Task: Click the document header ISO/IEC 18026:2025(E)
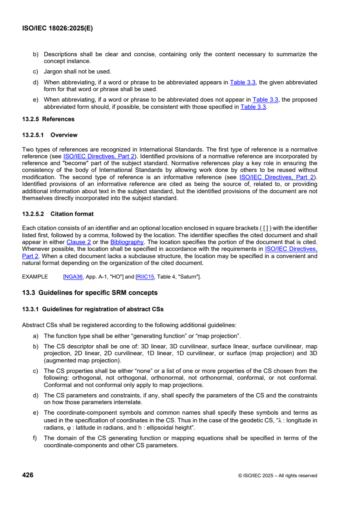(x=57, y=28)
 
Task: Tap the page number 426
(x=28, y=475)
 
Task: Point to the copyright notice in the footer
(x=277, y=475)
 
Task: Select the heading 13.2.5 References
(x=48, y=119)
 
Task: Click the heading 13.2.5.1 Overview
(x=50, y=135)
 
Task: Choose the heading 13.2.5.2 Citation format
(x=58, y=214)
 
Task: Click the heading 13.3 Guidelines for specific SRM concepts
(x=90, y=292)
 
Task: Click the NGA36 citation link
(x=71, y=276)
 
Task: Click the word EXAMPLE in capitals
(x=35, y=276)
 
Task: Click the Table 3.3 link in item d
(x=243, y=82)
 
